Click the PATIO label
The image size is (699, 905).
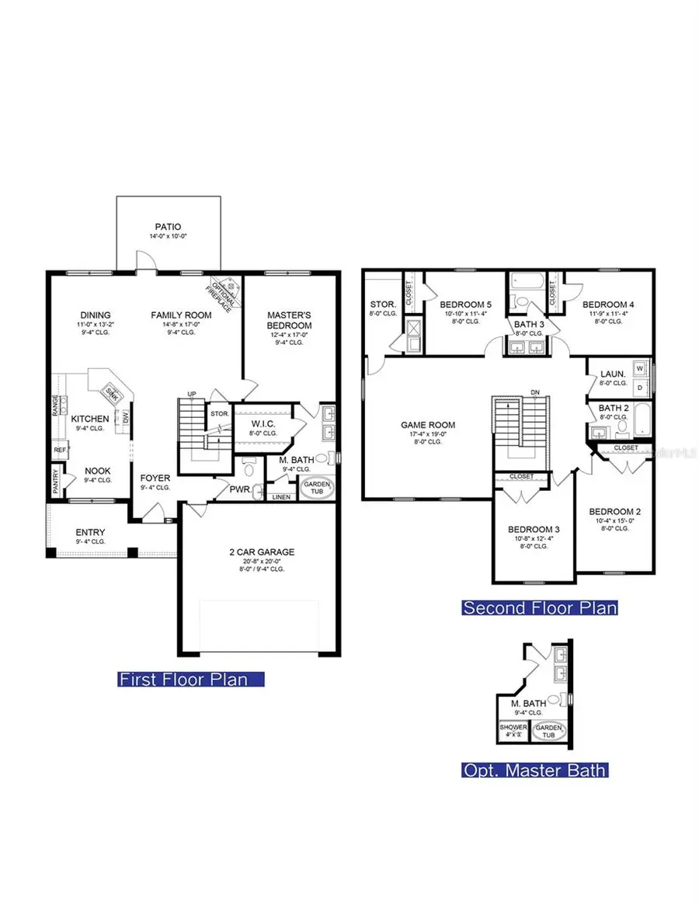[167, 227]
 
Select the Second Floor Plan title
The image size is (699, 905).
[540, 607]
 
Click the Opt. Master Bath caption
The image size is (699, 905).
[535, 771]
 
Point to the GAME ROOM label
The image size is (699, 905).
[428, 425]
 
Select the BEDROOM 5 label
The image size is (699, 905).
[461, 305]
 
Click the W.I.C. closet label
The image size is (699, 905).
[259, 424]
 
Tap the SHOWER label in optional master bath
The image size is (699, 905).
[513, 728]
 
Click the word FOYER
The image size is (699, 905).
[155, 478]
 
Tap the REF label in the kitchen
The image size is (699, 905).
[60, 450]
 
